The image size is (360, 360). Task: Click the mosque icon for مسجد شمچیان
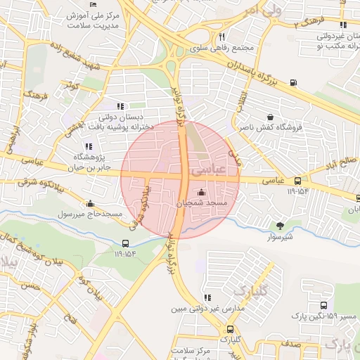[202, 193]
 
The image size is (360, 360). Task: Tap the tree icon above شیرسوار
[281, 226]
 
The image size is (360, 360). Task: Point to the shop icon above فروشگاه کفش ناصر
[270, 117]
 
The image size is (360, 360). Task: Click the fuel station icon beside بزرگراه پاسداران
[293, 82]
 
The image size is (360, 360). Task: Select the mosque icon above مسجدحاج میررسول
[90, 204]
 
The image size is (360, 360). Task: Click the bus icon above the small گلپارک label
[230, 329]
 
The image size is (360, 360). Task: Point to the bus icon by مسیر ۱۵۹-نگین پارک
[323, 306]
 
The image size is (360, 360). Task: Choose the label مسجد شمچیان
[202, 204]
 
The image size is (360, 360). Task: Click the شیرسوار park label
[281, 238]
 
